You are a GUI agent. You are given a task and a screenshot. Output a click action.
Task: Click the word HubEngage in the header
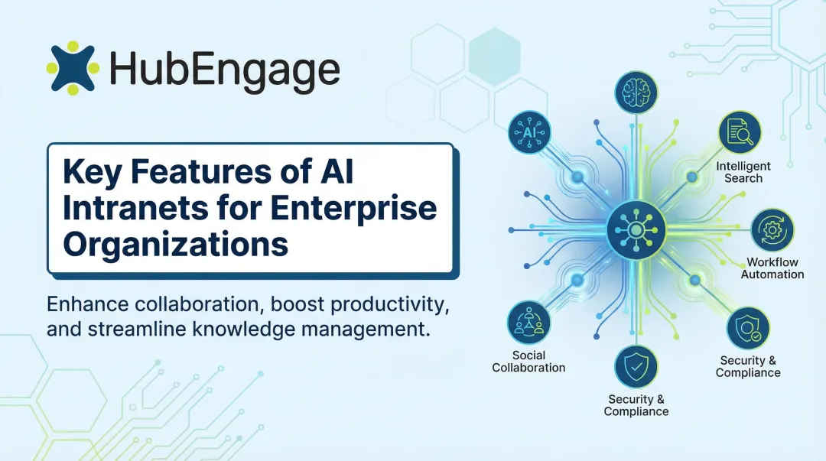(224, 70)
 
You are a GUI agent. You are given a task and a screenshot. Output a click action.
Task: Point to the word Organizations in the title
(175, 244)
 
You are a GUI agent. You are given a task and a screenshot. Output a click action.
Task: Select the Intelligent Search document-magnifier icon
(740, 132)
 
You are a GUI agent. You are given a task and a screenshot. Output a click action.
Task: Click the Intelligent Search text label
(743, 172)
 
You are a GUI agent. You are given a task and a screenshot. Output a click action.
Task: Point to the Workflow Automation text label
(772, 268)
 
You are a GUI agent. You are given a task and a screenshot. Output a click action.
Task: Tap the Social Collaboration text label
(528, 362)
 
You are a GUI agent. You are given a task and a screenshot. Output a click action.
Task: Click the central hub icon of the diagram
(636, 229)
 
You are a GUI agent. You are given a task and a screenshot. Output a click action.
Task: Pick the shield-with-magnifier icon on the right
(747, 328)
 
